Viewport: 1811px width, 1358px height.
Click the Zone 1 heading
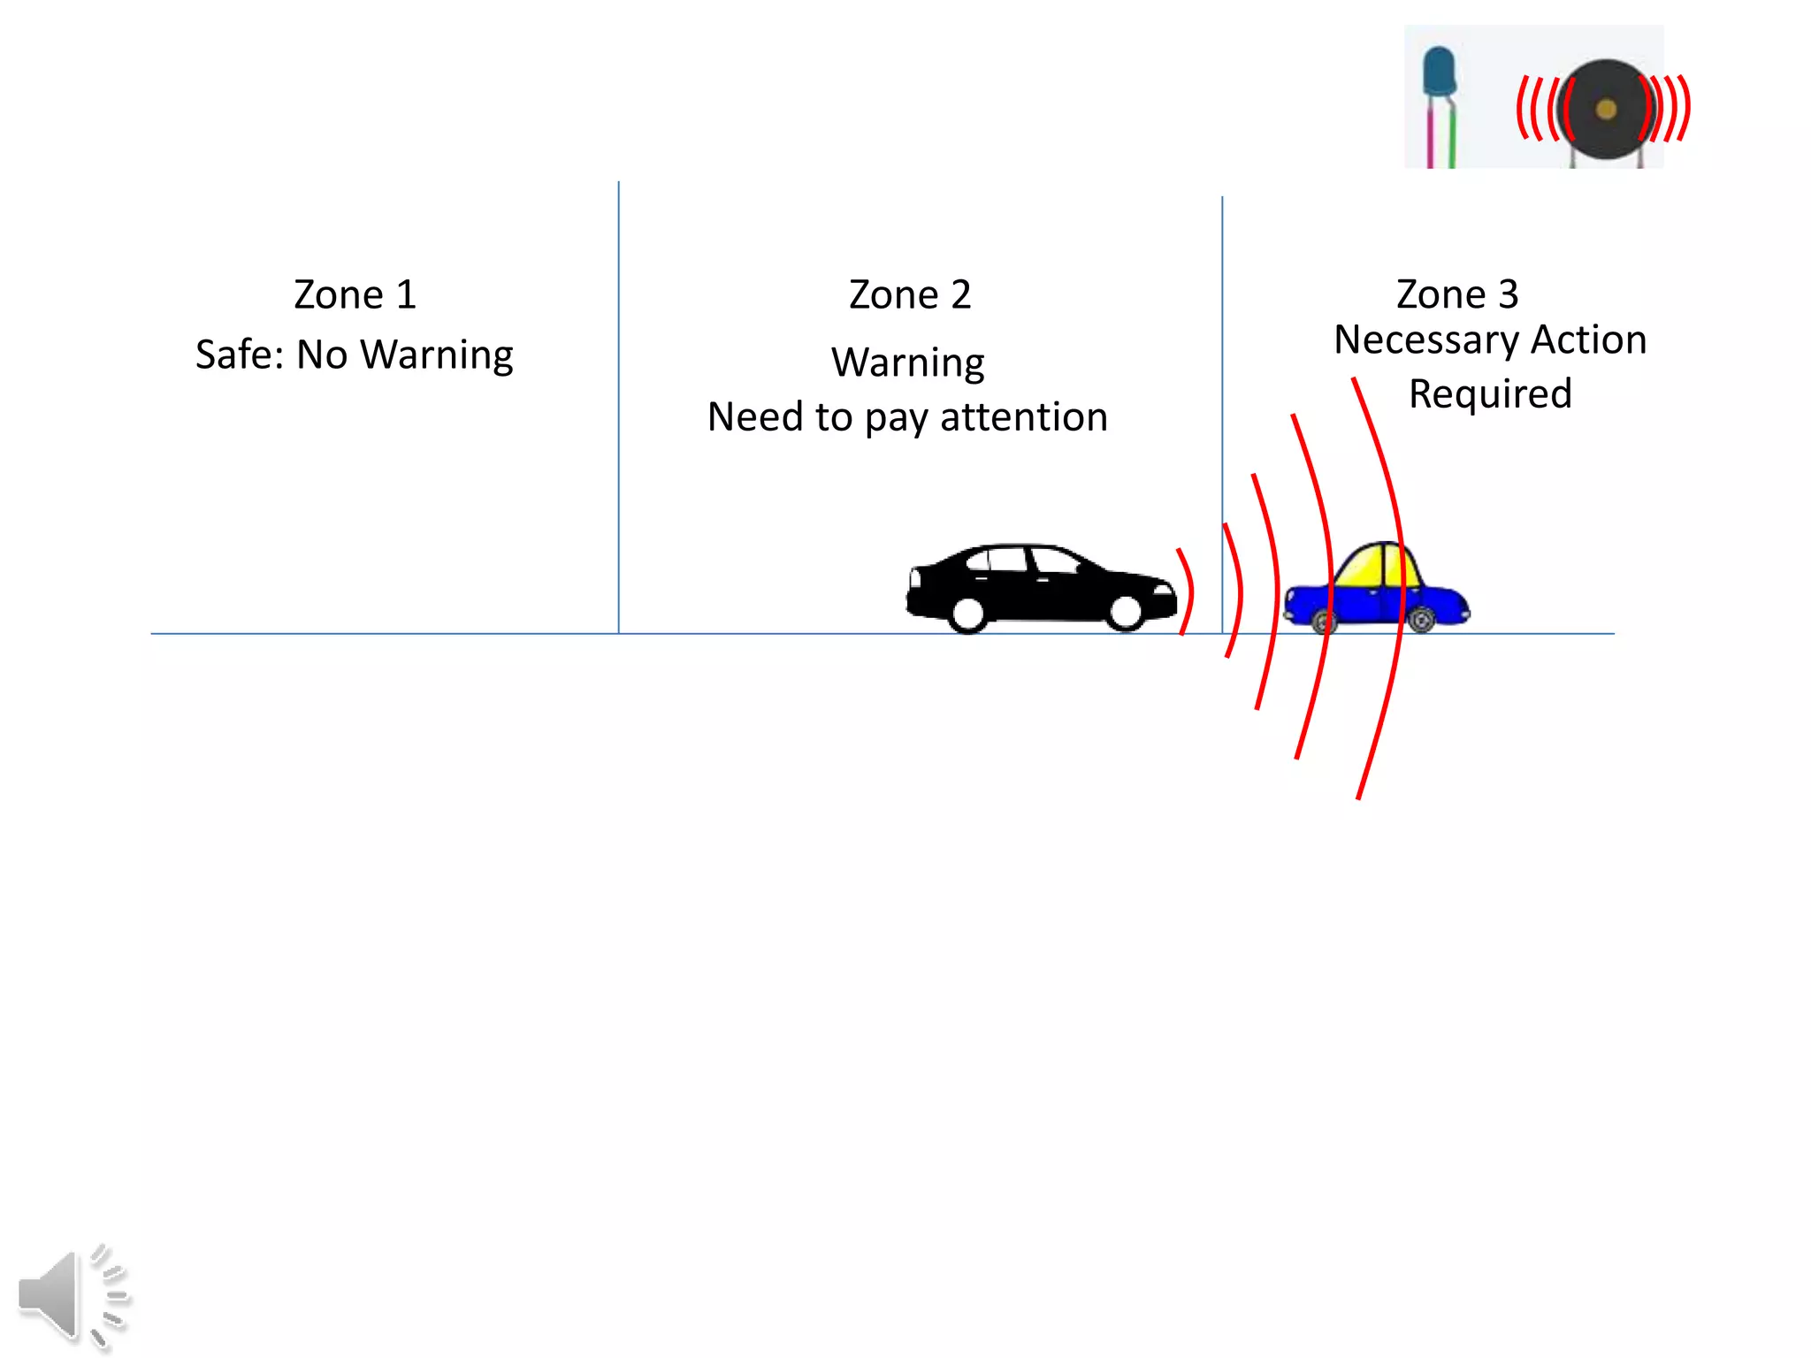coord(355,294)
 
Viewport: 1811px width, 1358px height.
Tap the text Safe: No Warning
coord(354,355)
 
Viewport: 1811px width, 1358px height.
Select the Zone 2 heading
coord(910,294)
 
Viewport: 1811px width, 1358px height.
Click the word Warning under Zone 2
coord(908,362)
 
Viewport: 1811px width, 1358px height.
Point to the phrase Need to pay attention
coord(907,416)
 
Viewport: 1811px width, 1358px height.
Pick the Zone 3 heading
coord(1457,294)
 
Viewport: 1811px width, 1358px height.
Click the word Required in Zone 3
coord(1490,393)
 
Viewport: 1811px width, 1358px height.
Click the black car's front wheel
coord(1126,611)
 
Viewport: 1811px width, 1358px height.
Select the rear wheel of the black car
coord(968,613)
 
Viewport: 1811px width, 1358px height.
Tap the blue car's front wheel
coord(1324,622)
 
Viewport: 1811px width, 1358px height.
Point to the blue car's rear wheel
coord(1421,619)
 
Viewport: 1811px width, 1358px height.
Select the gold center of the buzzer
coord(1606,110)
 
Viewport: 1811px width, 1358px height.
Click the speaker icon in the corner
coord(71,1295)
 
